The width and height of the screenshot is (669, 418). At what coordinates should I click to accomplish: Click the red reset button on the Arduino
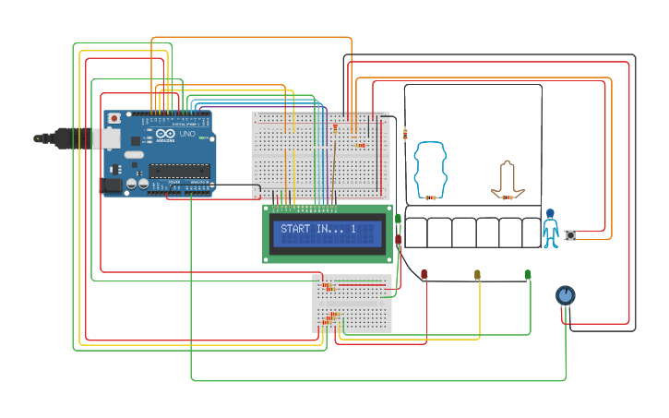pyautogui.click(x=114, y=118)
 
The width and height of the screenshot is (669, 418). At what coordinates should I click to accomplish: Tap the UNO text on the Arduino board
pyautogui.click(x=187, y=135)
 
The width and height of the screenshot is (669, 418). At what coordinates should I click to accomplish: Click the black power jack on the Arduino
pyautogui.click(x=111, y=185)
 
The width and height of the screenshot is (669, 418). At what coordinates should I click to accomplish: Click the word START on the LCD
pyautogui.click(x=296, y=229)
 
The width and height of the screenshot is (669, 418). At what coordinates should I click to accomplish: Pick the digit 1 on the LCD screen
pyautogui.click(x=352, y=229)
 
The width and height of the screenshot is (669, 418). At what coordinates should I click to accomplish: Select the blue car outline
pyautogui.click(x=430, y=168)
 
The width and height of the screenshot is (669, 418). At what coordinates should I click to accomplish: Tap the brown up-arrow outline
pyautogui.click(x=508, y=177)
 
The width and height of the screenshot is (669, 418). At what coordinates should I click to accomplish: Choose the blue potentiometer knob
pyautogui.click(x=565, y=295)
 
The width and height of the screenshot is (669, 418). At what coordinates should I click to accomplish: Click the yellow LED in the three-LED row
pyautogui.click(x=477, y=274)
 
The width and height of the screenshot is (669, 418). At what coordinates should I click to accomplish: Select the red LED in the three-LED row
pyautogui.click(x=424, y=274)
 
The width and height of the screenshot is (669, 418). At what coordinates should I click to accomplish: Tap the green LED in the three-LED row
pyautogui.click(x=528, y=274)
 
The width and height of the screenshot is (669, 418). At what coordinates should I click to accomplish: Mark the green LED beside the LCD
pyautogui.click(x=398, y=219)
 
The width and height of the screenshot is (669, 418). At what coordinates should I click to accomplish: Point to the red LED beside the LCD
pyautogui.click(x=398, y=239)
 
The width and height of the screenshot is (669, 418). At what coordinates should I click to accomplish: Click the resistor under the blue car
pyautogui.click(x=430, y=197)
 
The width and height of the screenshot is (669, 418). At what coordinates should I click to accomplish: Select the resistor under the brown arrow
pyautogui.click(x=507, y=197)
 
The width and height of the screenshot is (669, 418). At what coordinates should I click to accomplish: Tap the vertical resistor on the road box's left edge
pyautogui.click(x=405, y=134)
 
